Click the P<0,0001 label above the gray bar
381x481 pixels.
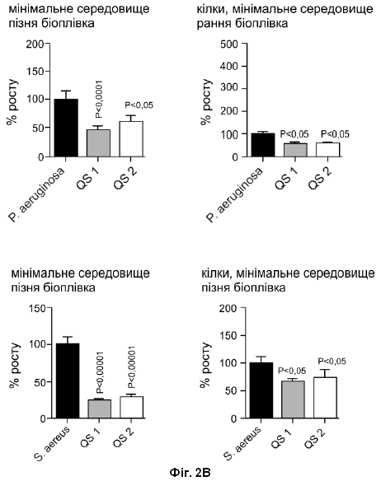(99, 99)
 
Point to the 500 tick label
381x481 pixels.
(229, 44)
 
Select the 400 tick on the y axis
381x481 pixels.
(229, 66)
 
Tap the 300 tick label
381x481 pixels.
(229, 89)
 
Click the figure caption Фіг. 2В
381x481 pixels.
(190, 473)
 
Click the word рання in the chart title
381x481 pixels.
(214, 23)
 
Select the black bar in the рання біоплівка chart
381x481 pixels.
(263, 145)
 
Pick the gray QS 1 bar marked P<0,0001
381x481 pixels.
(98, 143)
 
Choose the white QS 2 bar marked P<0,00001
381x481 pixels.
(131, 408)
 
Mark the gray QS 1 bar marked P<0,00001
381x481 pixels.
(100, 409)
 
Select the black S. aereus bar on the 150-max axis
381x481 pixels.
(68, 381)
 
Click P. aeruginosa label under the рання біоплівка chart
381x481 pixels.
(235, 194)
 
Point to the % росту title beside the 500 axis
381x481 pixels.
(206, 102)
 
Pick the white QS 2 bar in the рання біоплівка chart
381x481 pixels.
(328, 150)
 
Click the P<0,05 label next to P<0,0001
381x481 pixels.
(139, 105)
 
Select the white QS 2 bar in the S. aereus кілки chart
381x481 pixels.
(325, 398)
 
